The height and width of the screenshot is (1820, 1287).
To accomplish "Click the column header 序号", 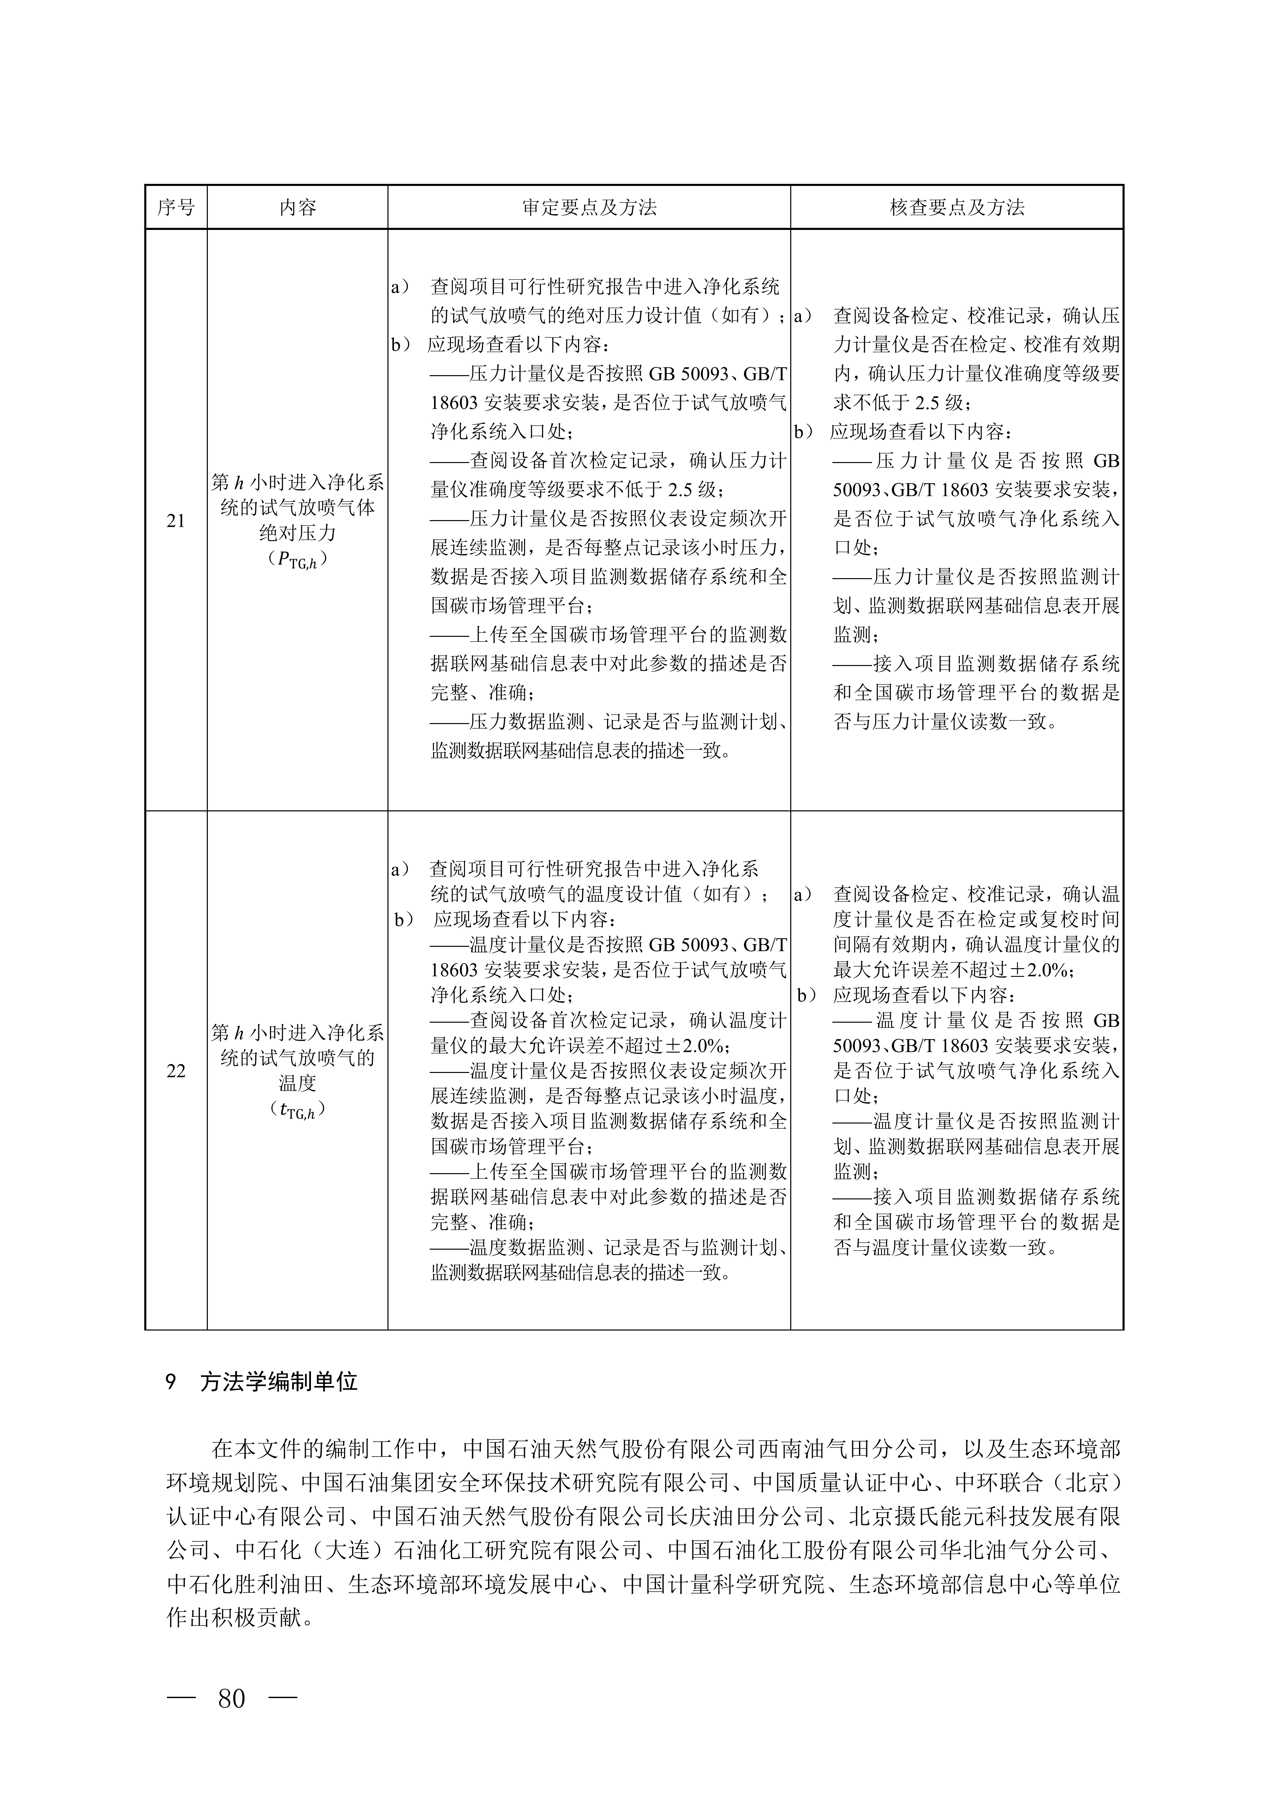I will click(176, 208).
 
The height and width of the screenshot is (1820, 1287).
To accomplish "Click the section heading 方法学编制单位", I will click(279, 1382).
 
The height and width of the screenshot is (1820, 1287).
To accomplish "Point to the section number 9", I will click(170, 1382).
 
